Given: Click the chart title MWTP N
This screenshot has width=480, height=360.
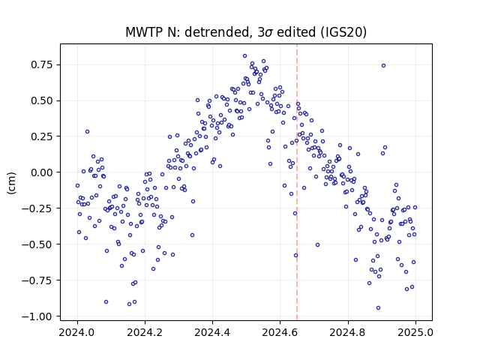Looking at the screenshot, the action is tap(246, 32).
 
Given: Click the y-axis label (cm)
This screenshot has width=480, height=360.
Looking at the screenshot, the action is tap(11, 183).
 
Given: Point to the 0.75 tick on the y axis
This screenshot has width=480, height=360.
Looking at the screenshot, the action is tap(42, 65).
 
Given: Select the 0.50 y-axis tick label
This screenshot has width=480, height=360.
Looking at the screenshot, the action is tap(42, 100).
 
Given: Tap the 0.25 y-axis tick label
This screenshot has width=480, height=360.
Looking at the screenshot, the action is tap(42, 136).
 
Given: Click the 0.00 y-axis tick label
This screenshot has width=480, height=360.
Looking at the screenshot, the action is tap(42, 172).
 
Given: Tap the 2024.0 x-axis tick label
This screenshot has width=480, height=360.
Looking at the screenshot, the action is tap(77, 332).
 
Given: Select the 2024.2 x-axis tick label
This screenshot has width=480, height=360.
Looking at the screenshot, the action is tap(145, 332).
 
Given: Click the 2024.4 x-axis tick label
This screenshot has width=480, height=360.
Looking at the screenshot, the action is tap(212, 332).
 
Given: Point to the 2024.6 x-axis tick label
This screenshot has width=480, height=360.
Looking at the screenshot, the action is tap(280, 332).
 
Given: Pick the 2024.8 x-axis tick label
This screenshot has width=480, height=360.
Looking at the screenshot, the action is tap(348, 332).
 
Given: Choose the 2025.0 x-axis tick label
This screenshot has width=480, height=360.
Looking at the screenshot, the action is tap(415, 332).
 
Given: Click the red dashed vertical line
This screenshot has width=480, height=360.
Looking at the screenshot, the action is tap(297, 182).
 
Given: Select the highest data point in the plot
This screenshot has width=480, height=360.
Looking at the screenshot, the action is tap(245, 56).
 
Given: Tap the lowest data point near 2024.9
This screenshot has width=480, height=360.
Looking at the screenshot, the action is tap(378, 308).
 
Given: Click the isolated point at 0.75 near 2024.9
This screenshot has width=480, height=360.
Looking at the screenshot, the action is tap(383, 66).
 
